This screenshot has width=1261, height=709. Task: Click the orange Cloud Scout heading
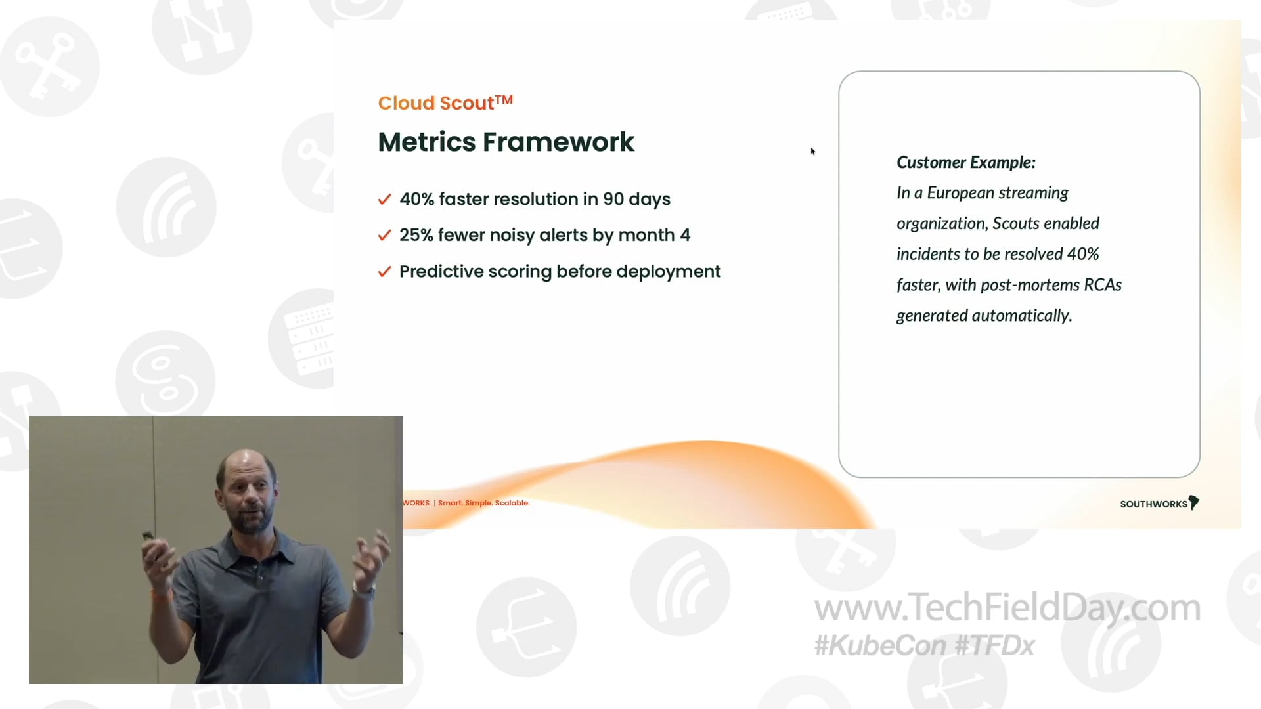point(445,103)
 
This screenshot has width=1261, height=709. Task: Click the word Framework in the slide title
point(558,142)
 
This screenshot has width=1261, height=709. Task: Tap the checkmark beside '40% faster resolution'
point(385,199)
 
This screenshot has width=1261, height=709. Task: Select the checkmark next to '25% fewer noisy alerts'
point(385,235)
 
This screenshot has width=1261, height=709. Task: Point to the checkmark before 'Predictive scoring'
point(385,272)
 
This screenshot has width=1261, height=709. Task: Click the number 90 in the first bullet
point(613,199)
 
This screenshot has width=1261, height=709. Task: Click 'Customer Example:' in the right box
point(966,162)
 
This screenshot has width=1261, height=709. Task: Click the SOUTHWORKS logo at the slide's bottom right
point(1160,504)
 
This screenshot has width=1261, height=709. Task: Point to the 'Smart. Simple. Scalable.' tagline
point(484,503)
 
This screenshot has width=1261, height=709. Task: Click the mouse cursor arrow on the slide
point(812,151)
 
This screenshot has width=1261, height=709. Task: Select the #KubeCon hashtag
point(881,646)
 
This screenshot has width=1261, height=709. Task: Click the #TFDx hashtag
point(994,646)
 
